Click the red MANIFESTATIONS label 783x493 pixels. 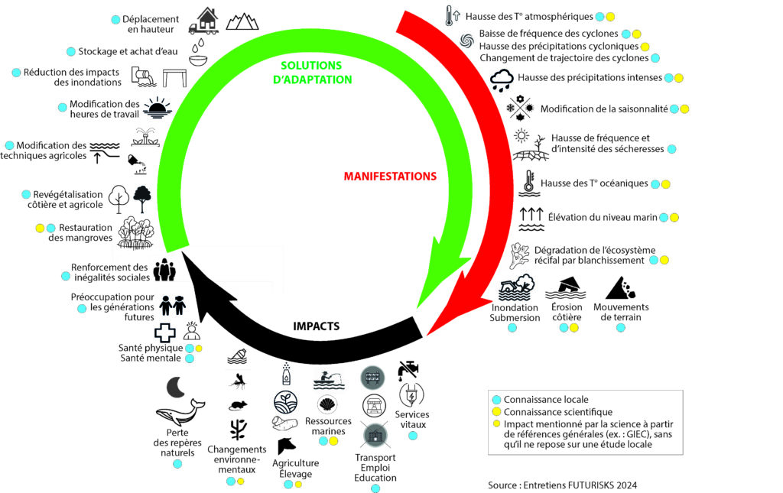pyautogui.click(x=390, y=177)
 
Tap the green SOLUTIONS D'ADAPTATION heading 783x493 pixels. pyautogui.click(x=316, y=73)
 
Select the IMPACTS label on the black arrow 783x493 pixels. pyautogui.click(x=316, y=326)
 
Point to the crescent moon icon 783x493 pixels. pyautogui.click(x=176, y=388)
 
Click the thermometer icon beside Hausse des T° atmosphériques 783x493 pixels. pyautogui.click(x=450, y=15)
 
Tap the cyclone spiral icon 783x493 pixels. pyautogui.click(x=467, y=40)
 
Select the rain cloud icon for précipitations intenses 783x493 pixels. pyautogui.click(x=502, y=79)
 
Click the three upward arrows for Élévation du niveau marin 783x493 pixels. pyautogui.click(x=531, y=217)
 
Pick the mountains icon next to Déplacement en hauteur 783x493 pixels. pyautogui.click(x=242, y=19)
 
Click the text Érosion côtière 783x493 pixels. pyautogui.click(x=567, y=313)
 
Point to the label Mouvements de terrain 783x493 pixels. pyautogui.click(x=620, y=313)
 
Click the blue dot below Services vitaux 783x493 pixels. pyautogui.click(x=412, y=436)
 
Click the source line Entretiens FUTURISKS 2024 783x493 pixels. pyautogui.click(x=562, y=485)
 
